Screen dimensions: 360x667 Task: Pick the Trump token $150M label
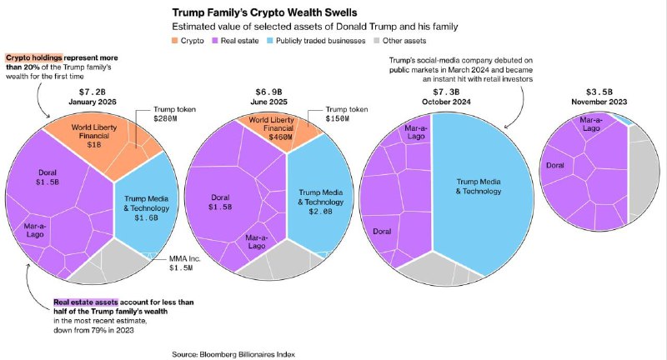346,114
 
